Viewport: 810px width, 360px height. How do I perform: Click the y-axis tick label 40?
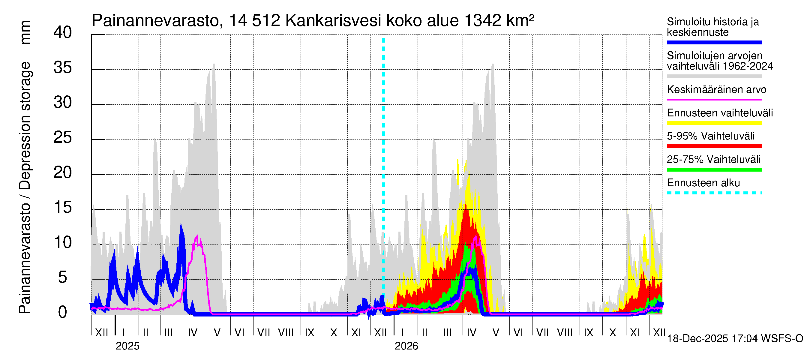click(x=63, y=33)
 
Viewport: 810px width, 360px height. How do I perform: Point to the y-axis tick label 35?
click(x=63, y=67)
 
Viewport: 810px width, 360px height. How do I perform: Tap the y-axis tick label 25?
click(x=63, y=138)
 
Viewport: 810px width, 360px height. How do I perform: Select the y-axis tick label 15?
click(x=63, y=208)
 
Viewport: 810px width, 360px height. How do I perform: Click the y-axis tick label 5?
click(x=63, y=277)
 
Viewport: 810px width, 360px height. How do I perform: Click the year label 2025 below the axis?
click(x=127, y=346)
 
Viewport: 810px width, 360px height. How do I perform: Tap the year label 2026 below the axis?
click(x=406, y=346)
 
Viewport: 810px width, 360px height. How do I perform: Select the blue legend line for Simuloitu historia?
click(x=714, y=42)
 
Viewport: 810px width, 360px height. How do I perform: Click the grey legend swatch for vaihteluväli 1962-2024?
click(x=714, y=76)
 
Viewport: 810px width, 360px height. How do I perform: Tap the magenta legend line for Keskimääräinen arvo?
click(x=714, y=100)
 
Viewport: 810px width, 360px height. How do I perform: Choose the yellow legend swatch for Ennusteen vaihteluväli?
click(x=714, y=123)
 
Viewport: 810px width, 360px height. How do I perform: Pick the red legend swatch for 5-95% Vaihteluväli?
click(x=714, y=146)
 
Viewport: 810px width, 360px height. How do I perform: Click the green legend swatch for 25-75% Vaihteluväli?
click(x=714, y=170)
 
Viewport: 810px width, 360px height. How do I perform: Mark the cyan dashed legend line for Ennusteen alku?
click(x=714, y=193)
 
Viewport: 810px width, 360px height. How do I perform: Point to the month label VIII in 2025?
click(x=286, y=333)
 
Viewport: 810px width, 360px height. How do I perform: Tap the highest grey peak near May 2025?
click(x=214, y=65)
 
